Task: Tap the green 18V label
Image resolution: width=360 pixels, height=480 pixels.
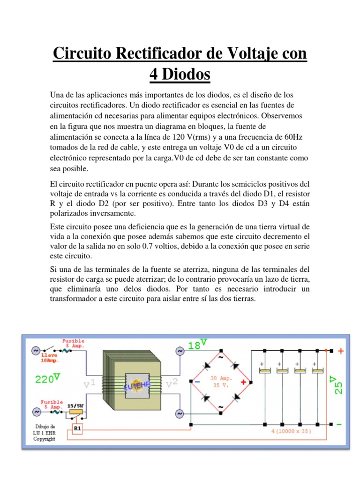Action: coord(197,345)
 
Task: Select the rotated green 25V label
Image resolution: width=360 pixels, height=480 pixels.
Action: coord(338,384)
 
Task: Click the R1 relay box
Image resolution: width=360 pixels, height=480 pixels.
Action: coord(78,428)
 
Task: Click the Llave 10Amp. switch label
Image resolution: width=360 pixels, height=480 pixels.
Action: coord(49,358)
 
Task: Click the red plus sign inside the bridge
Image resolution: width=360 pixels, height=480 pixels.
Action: coord(243,382)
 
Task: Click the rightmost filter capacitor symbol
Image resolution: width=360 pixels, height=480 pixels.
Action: coord(318,370)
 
